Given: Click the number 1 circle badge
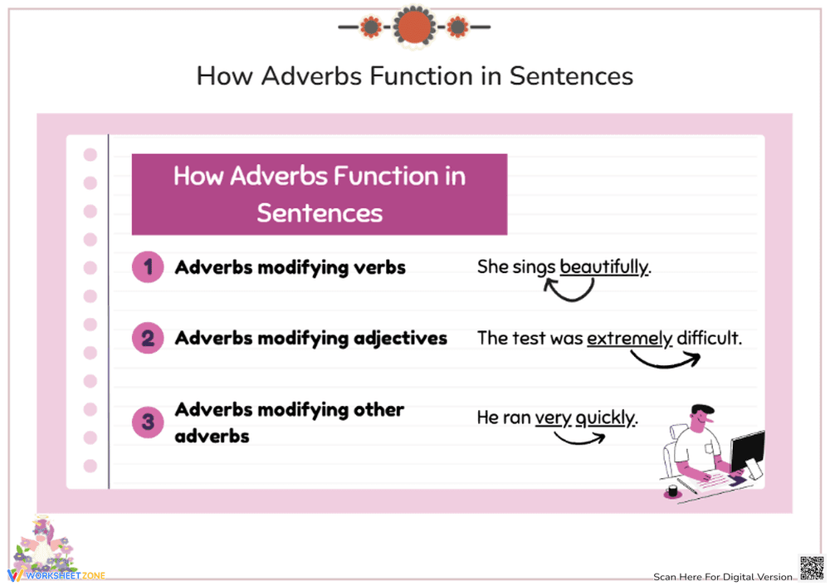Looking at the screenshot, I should (x=148, y=267).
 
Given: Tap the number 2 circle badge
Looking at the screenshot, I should (x=148, y=339).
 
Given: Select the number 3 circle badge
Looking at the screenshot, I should (x=148, y=422).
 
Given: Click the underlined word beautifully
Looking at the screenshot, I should (x=604, y=267).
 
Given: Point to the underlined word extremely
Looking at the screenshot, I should (x=630, y=339).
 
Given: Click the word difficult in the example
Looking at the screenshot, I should (x=708, y=339).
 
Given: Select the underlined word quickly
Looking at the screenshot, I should (x=605, y=418).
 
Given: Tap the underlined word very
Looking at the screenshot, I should (x=553, y=418).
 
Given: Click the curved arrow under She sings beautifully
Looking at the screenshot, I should (x=569, y=289).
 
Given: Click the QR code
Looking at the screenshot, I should (x=811, y=568).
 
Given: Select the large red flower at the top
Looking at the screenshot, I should (x=414, y=27).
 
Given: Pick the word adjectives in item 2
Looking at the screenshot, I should (x=401, y=339).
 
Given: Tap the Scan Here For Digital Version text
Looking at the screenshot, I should (x=723, y=577).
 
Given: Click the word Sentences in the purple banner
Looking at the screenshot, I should (x=320, y=212).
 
